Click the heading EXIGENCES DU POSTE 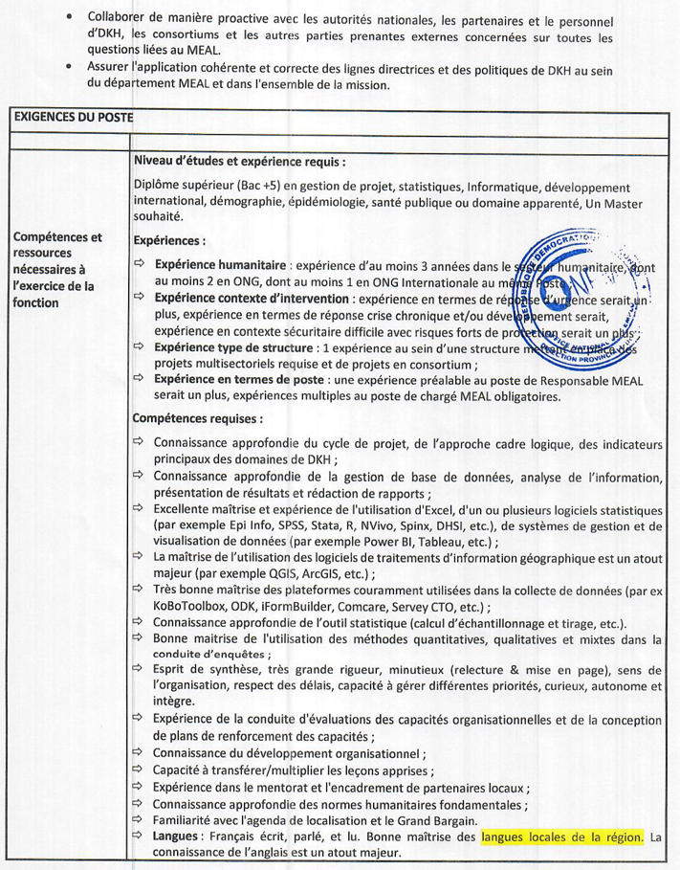tap(73, 118)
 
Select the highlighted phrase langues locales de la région tap(562, 837)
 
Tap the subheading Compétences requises tap(197, 418)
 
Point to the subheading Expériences tap(169, 241)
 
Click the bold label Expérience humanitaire tap(220, 264)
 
